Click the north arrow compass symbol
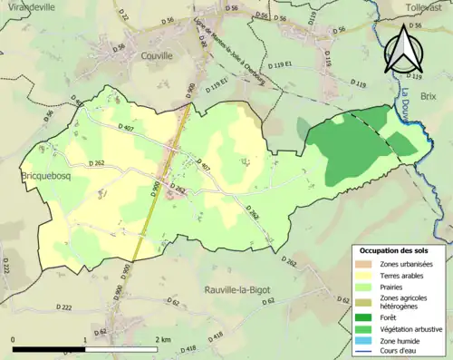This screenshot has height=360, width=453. click(x=404, y=50)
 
